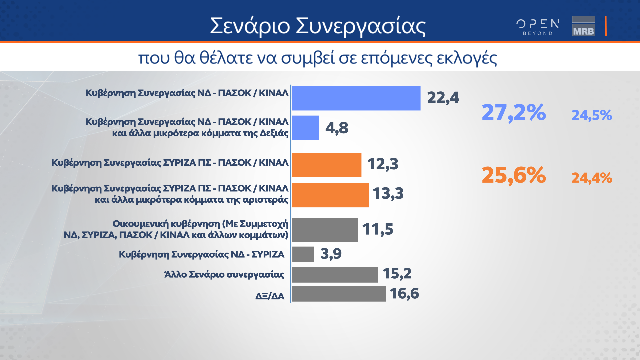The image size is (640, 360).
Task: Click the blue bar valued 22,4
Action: [356, 98]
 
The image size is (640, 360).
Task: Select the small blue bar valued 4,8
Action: [306, 128]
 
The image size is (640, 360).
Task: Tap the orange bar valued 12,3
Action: [327, 165]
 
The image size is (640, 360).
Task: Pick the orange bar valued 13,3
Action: [330, 195]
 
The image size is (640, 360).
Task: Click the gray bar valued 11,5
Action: [325, 230]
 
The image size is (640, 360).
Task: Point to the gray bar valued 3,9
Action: [303, 254]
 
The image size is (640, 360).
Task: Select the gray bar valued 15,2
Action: [335, 275]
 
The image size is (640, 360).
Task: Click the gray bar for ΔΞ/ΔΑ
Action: [339, 294]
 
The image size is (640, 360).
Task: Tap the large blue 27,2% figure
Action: [514, 113]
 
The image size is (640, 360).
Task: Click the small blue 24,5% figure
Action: [592, 115]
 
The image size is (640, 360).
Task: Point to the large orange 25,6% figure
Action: [514, 175]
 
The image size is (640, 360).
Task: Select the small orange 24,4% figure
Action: [592, 178]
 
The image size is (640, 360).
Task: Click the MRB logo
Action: [583, 26]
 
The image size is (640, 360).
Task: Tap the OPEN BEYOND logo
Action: [538, 27]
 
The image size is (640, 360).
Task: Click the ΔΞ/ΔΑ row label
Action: [270, 296]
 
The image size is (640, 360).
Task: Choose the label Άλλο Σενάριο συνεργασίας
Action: [224, 274]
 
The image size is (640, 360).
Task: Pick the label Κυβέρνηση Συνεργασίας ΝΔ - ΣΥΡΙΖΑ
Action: [201, 255]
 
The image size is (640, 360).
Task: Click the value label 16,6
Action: [404, 294]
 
